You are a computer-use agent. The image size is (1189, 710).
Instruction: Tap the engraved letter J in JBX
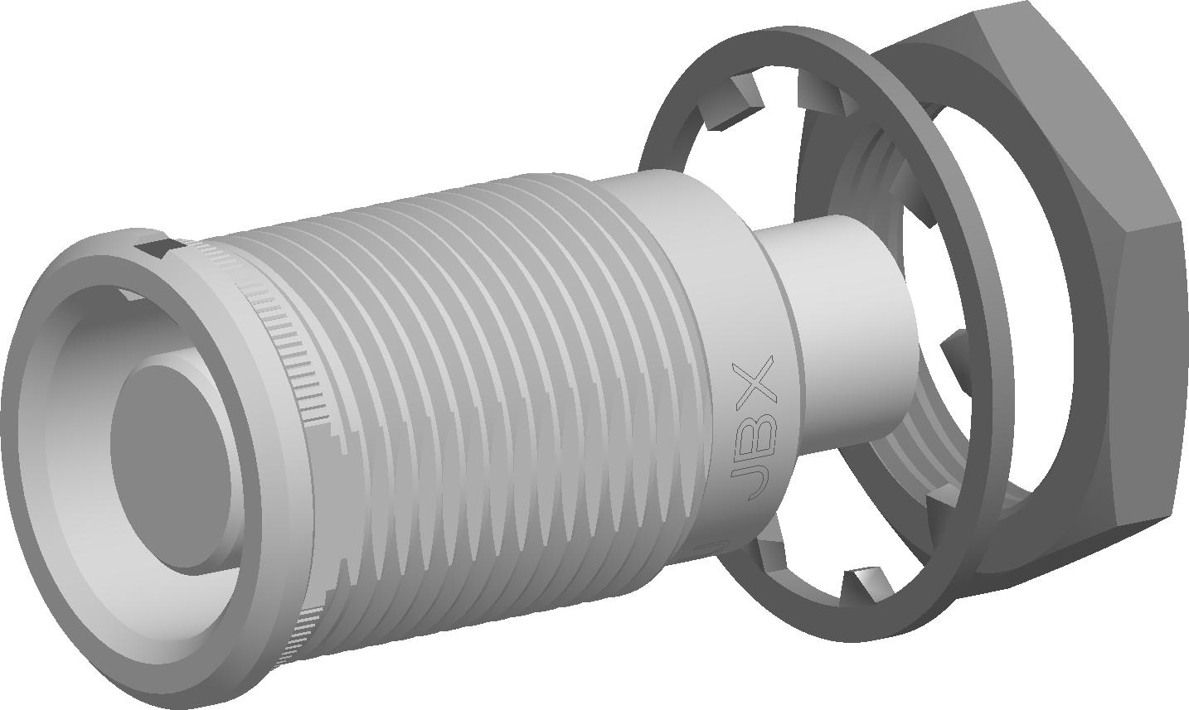754,481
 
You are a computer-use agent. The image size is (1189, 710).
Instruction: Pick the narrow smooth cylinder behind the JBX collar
849,340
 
